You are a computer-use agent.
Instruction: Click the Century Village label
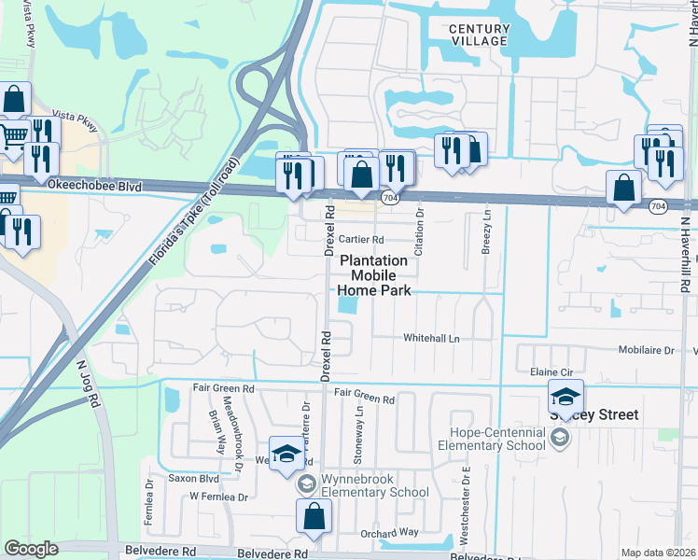click(478, 35)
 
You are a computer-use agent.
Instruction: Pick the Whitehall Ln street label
click(431, 338)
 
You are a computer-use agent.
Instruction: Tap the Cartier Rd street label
click(362, 239)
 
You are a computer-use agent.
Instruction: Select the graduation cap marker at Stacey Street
click(565, 397)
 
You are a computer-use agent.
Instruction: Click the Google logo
click(31, 548)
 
